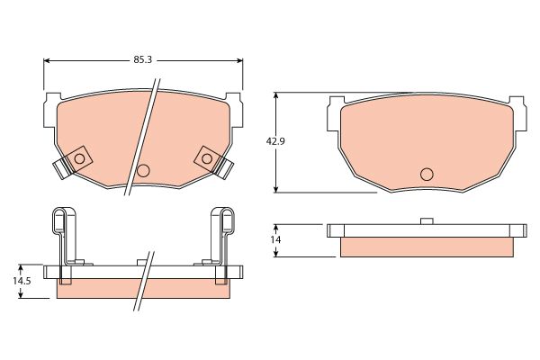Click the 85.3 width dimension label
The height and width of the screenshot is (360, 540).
coord(142,60)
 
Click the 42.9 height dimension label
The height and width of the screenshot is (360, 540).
coord(275,141)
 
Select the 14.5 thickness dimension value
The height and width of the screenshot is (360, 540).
coord(22,281)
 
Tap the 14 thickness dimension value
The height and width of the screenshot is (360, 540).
coord(275,239)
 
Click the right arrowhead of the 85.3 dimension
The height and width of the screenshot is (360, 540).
coord(239,60)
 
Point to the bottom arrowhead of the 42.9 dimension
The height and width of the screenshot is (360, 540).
coord(275,189)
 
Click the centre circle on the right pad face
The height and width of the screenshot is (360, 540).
coord(427,175)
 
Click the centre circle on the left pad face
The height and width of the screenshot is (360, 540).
coord(143,170)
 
